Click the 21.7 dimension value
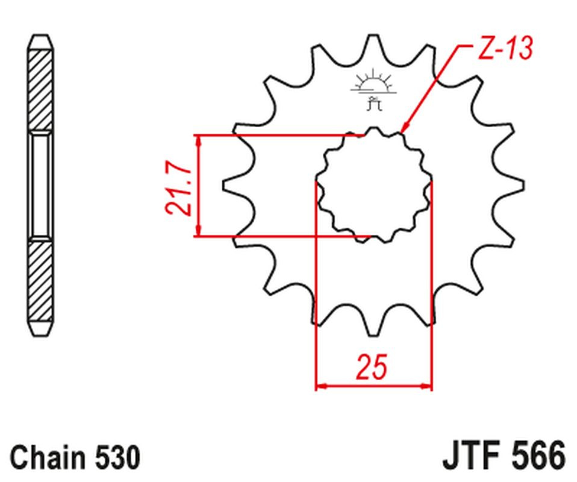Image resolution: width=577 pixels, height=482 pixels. click(178, 188)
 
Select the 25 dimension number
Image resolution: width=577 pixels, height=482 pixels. click(372, 367)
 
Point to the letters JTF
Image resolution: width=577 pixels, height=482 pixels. click(472, 457)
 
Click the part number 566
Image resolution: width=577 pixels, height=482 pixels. click(538, 457)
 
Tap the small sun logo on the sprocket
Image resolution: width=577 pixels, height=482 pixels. click(373, 89)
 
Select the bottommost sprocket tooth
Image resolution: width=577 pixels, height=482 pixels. click(373, 328)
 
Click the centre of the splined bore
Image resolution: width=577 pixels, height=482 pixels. click(373, 185)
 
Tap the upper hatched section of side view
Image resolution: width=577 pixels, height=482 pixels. click(40, 90)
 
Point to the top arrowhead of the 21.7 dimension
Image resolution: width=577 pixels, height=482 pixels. click(199, 140)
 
